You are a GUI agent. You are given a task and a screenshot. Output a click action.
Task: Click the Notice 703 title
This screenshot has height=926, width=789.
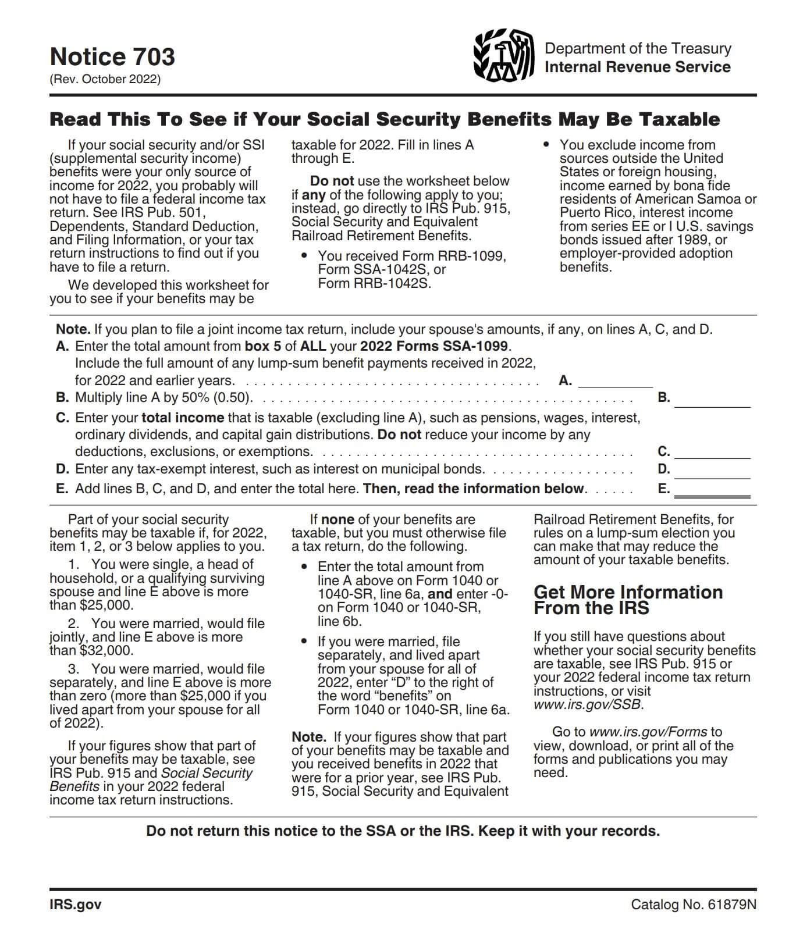click(112, 57)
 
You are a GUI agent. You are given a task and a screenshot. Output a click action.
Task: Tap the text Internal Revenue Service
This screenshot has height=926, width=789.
click(637, 67)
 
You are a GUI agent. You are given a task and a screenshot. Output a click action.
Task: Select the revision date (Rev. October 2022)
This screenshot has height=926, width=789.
click(105, 79)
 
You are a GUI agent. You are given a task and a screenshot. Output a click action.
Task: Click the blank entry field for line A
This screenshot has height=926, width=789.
click(615, 381)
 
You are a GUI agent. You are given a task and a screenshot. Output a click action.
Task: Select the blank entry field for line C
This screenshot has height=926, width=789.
click(712, 452)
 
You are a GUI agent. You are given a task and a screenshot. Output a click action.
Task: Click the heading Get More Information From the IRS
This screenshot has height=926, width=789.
click(628, 600)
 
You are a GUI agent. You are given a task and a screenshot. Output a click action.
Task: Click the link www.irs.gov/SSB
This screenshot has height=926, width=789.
click(588, 705)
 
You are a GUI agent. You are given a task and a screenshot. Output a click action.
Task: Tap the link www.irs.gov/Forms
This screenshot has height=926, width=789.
click(648, 732)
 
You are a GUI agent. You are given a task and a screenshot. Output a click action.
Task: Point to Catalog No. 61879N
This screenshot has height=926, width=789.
click(694, 904)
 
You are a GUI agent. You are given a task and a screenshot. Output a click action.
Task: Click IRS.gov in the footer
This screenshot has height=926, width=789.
click(76, 904)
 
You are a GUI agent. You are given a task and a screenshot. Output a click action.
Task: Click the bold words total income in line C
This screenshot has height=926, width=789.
click(183, 418)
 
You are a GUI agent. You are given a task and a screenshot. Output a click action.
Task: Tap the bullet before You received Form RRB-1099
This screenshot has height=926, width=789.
click(304, 257)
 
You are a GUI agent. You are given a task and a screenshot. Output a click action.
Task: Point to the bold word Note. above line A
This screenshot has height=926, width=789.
click(73, 330)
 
